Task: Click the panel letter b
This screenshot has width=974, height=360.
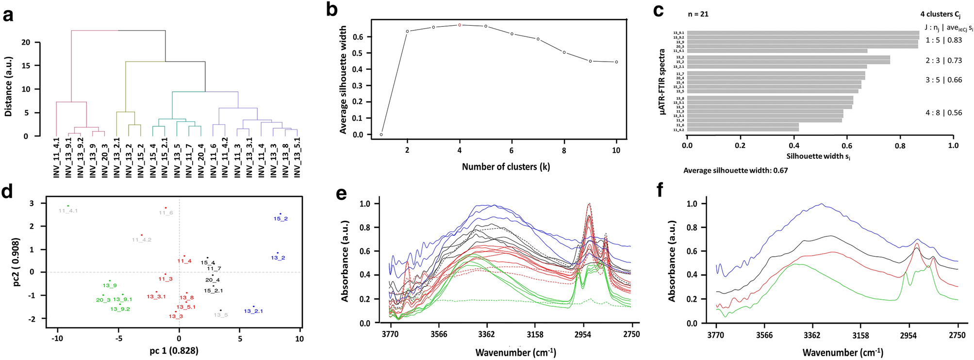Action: tap(331, 10)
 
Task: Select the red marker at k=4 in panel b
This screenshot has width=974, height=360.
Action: tap(460, 25)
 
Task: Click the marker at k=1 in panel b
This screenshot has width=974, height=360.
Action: tap(381, 134)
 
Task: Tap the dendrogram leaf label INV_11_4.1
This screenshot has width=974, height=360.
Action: tap(56, 158)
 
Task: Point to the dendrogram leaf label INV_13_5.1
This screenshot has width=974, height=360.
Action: tap(297, 158)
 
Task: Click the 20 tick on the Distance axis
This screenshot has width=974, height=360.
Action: tap(25, 42)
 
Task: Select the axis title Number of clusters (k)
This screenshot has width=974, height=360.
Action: tap(506, 167)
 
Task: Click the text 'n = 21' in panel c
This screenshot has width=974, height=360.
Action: tap(698, 14)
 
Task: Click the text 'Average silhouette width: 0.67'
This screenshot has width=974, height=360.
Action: tap(735, 170)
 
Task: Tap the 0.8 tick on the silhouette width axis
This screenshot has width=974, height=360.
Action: tap(900, 145)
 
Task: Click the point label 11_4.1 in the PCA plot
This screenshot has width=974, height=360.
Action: tap(68, 211)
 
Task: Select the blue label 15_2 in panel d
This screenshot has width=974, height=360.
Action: tap(281, 219)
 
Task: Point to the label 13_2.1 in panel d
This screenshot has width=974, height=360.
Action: tap(253, 311)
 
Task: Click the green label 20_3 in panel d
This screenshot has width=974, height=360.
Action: tap(103, 300)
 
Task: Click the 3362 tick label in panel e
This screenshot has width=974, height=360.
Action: tap(486, 334)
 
